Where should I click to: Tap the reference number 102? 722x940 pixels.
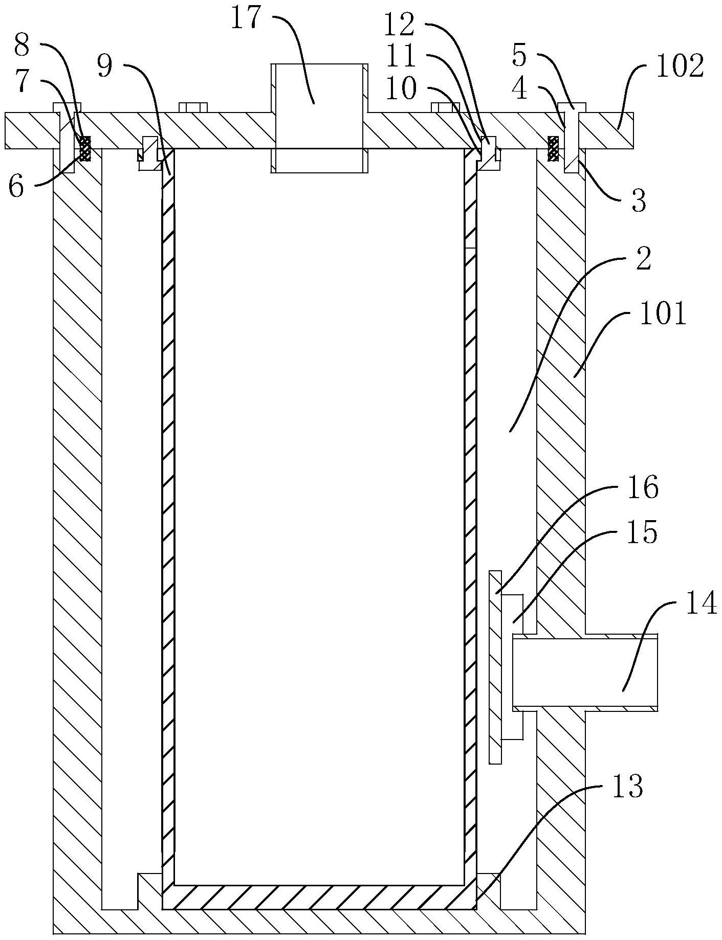click(x=680, y=66)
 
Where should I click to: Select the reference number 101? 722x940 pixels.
click(x=662, y=314)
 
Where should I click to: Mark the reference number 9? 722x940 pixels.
click(x=105, y=67)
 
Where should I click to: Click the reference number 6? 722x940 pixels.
click(x=16, y=187)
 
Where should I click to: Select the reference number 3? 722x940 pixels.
click(x=638, y=200)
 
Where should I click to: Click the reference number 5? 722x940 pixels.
click(x=519, y=56)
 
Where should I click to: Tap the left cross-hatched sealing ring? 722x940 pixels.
click(x=84, y=148)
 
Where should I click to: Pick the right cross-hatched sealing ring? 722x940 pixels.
click(x=553, y=148)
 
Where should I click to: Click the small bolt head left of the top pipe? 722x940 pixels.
click(x=193, y=107)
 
